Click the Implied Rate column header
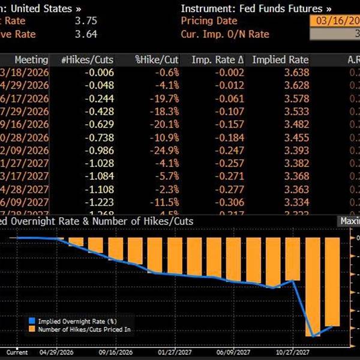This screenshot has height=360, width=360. click(x=280, y=60)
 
